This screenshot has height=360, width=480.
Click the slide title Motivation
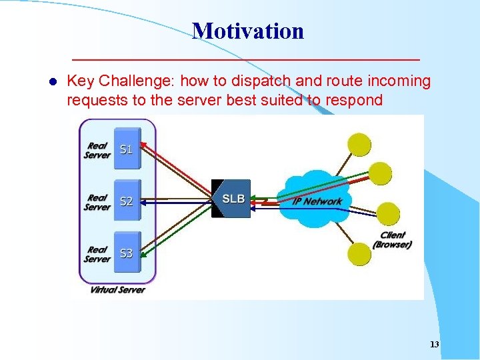pos(248,31)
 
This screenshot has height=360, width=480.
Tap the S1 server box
pos(127,149)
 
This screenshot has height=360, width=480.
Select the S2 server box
pos(127,201)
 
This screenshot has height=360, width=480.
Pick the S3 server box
pos(127,253)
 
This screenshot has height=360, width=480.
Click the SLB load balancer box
pos(233,199)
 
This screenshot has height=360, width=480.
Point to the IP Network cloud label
pos(317,201)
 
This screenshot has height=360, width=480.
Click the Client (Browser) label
pos(392,240)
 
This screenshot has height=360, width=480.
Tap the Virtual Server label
pos(117,289)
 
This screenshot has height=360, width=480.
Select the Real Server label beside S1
pos(97,150)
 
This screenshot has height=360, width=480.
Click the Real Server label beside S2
pos(97,202)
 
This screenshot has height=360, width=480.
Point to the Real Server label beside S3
pos(97,254)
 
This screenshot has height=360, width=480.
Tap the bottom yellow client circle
pos(361,253)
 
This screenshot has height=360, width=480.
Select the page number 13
pos(435,345)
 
